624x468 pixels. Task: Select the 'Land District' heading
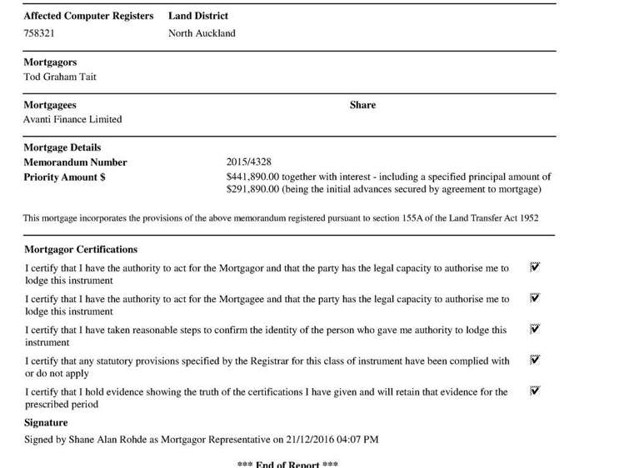[197, 16]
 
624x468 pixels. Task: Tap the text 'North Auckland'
[202, 33]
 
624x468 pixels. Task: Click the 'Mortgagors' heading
[50, 62]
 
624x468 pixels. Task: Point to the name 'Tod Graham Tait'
[60, 77]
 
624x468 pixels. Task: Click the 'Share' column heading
[362, 105]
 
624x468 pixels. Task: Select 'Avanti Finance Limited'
[72, 119]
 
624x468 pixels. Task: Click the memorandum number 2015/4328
[248, 162]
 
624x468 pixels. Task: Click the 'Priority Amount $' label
[64, 177]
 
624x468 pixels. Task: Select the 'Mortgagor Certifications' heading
[81, 249]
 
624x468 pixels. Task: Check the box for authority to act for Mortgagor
[535, 267]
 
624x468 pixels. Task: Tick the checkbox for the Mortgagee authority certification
[535, 298]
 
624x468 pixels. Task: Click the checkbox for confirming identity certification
[535, 329]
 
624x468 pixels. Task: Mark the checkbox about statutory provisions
[535, 360]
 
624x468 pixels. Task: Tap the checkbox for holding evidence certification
[535, 391]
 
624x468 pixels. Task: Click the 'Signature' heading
[46, 423]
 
